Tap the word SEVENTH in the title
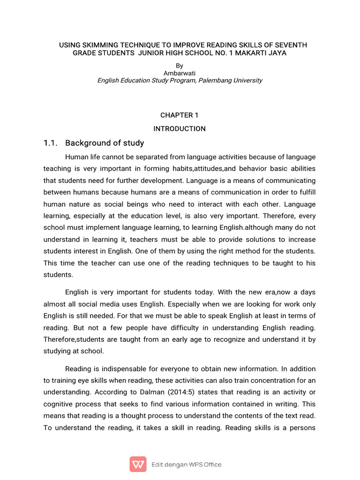tap(289, 45)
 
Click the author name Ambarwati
tap(180, 73)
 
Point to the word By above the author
tap(180, 66)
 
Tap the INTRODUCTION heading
tap(180, 129)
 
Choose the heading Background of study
tap(105, 143)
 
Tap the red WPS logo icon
tap(138, 464)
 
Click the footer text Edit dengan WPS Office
tap(186, 465)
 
